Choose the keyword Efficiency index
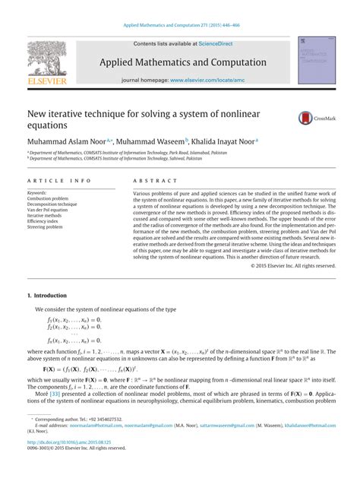tap(43, 220)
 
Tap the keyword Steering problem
tap(44, 226)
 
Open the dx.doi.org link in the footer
tap(69, 461)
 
